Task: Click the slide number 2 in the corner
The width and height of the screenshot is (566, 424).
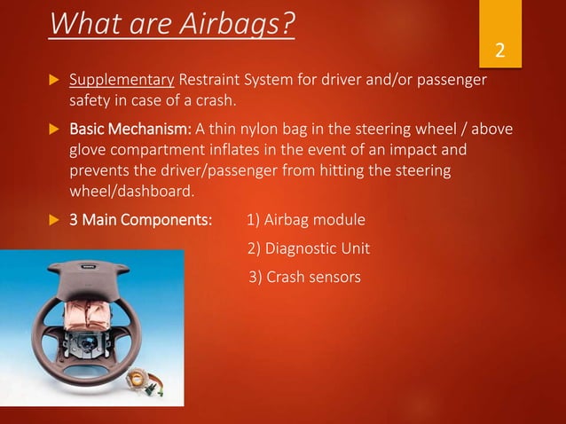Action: [x=500, y=50]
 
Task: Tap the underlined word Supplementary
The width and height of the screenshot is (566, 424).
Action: [x=122, y=82]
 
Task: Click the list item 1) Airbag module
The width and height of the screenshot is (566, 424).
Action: [x=306, y=220]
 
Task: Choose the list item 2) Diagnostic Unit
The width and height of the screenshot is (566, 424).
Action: [x=308, y=248]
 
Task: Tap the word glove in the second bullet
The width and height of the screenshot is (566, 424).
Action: [x=89, y=151]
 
